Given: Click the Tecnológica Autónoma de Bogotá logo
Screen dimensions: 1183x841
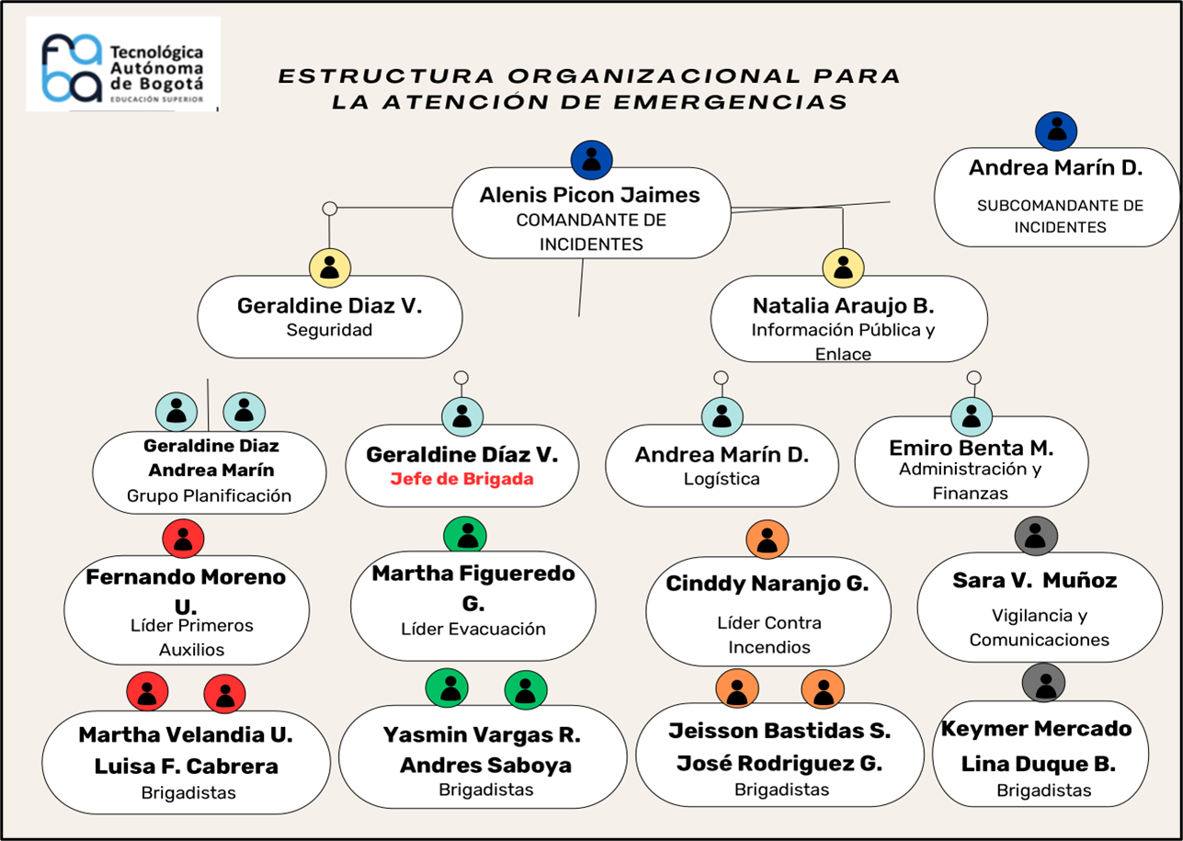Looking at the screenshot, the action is [x=123, y=64].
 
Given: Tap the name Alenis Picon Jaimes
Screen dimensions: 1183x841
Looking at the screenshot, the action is [x=589, y=196].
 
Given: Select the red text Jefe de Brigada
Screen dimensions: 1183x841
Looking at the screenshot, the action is [x=462, y=479].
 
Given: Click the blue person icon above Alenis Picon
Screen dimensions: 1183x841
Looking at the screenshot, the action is [x=592, y=160].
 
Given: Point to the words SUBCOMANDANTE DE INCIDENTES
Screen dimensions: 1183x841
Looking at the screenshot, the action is [x=1060, y=216].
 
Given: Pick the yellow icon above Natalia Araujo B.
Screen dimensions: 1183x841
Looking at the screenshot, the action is [x=843, y=267].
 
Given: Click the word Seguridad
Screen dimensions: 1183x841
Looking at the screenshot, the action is [x=329, y=330].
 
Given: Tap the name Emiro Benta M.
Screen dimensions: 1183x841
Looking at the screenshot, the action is [x=972, y=448].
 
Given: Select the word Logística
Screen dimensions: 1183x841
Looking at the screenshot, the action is [x=722, y=479].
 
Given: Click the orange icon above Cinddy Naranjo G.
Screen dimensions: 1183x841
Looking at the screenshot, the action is [x=768, y=540].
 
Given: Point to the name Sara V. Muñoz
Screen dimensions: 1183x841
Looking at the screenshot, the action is [x=1035, y=580].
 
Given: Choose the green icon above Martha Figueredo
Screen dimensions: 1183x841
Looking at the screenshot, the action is [x=465, y=535].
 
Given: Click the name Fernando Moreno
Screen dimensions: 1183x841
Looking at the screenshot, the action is [x=186, y=577].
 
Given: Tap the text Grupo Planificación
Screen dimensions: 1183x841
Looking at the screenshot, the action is [x=210, y=495].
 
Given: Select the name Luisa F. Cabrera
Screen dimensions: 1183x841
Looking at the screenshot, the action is [x=186, y=766].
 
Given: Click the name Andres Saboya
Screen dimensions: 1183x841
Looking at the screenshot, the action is [x=485, y=765].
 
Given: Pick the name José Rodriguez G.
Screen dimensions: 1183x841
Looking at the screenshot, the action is [x=779, y=764].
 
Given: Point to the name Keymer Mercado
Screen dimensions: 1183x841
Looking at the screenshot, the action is [x=1036, y=729].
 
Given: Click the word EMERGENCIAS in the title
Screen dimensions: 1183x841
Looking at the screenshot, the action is [x=731, y=102].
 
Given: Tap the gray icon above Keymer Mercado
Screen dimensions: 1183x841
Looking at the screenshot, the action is [x=1043, y=683].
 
